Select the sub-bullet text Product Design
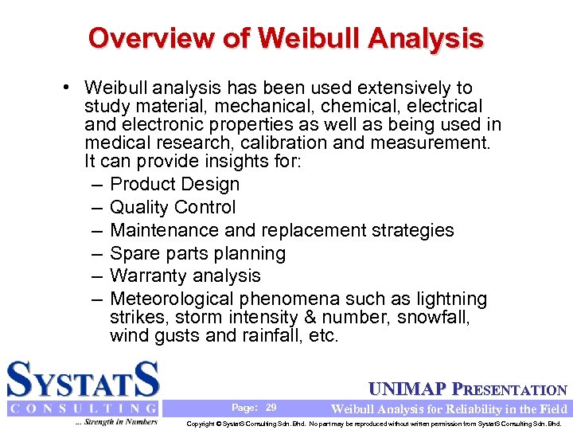174,185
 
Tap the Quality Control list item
173,208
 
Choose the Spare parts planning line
197,253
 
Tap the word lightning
450,299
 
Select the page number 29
271,408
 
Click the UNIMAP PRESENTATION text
468,390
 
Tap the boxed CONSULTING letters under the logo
83,408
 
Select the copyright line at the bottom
379,424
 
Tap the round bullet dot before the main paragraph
72,88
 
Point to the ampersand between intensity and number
349,318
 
